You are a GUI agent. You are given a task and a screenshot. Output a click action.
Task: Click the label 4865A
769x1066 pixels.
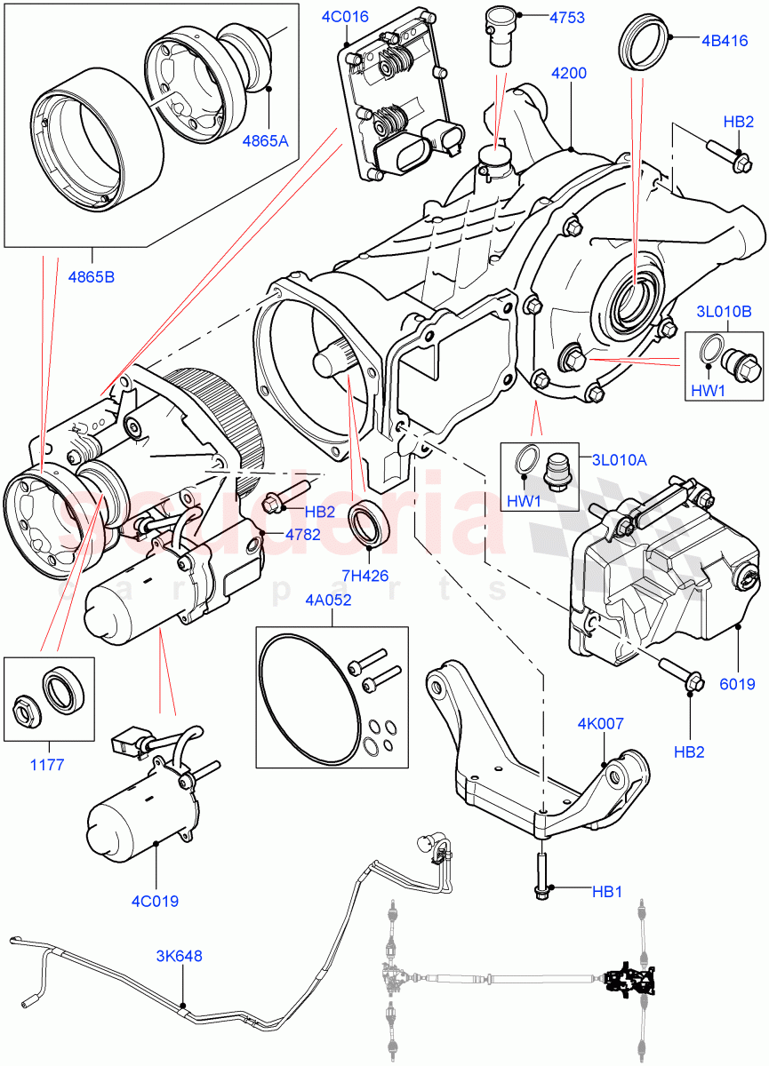(266, 139)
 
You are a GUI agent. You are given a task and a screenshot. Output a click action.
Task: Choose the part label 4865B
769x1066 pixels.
(91, 276)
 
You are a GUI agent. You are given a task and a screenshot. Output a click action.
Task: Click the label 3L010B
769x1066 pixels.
(725, 312)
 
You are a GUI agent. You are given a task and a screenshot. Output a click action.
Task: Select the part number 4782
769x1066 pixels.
(304, 534)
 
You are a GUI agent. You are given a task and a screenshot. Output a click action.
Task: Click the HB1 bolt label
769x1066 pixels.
(607, 890)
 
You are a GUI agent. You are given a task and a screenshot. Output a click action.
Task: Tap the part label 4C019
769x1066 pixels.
(155, 901)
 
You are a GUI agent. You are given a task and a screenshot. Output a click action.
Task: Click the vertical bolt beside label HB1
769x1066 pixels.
(541, 874)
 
